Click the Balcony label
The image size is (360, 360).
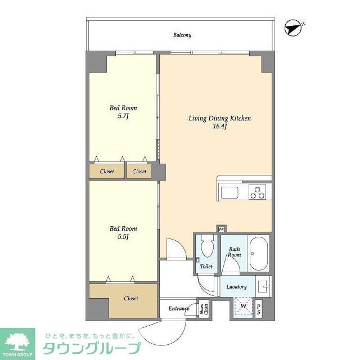click(x=182, y=35)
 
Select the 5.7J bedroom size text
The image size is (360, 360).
click(x=123, y=116)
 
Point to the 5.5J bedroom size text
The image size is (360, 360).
click(x=123, y=237)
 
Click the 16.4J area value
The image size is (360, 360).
click(x=219, y=127)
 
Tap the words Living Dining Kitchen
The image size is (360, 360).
click(x=219, y=119)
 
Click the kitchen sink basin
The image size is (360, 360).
click(x=230, y=192)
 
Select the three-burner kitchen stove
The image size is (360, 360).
click(x=258, y=192)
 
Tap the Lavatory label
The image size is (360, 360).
click(x=236, y=287)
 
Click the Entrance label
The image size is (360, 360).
click(x=179, y=309)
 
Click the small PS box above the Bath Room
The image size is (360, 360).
click(x=221, y=229)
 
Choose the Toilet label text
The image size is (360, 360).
click(x=206, y=267)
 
